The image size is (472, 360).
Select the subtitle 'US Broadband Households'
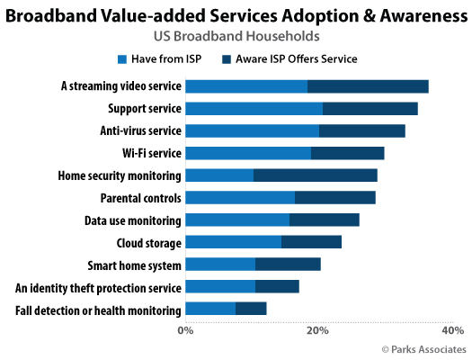[236, 37]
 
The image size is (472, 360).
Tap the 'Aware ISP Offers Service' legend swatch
[228, 59]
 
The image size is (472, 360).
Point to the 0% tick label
[185, 330]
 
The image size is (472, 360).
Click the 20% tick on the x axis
[316, 330]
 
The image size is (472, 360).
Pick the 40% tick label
[452, 330]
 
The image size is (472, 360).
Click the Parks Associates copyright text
[423, 348]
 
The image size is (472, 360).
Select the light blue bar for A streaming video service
[246, 86]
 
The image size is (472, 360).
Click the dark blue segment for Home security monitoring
[315, 175]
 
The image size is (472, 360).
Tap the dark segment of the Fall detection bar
[251, 310]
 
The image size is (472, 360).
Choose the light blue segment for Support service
[254, 109]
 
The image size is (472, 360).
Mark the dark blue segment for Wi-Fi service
[347, 153]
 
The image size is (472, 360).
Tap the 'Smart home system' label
[135, 265]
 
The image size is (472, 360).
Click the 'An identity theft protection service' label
[99, 288]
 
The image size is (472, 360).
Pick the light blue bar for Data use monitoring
[237, 220]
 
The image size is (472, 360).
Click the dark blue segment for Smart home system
[288, 265]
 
